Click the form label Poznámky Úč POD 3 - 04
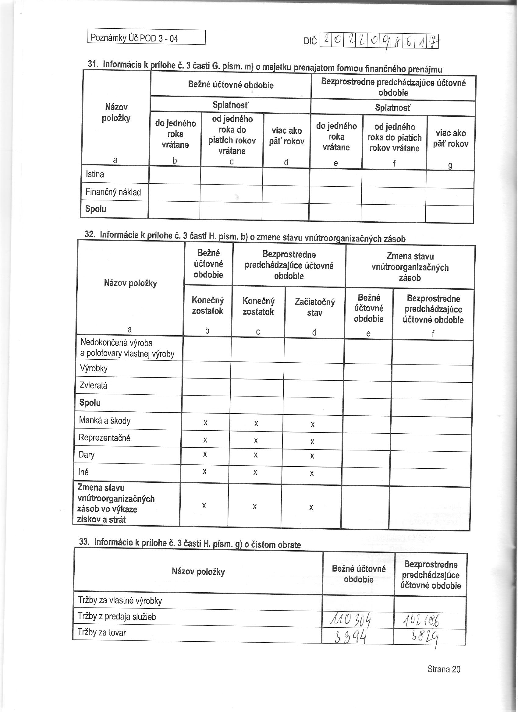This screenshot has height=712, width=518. [x=134, y=38]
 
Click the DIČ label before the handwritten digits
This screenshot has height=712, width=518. [x=310, y=41]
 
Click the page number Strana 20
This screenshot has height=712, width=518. [x=444, y=669]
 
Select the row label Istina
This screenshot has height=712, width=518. [x=95, y=174]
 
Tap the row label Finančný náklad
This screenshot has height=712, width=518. [x=113, y=192]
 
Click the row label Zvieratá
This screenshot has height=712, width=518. [x=93, y=385]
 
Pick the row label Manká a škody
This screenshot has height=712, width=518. [x=105, y=421]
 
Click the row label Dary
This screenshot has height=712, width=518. [x=87, y=455]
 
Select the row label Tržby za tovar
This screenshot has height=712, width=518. [x=102, y=633]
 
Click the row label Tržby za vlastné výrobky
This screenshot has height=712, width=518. [x=120, y=601]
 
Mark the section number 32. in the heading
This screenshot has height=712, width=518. [x=90, y=234]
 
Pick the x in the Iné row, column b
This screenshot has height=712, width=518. [x=204, y=471]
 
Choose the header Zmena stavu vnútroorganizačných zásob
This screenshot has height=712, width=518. [x=410, y=267]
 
